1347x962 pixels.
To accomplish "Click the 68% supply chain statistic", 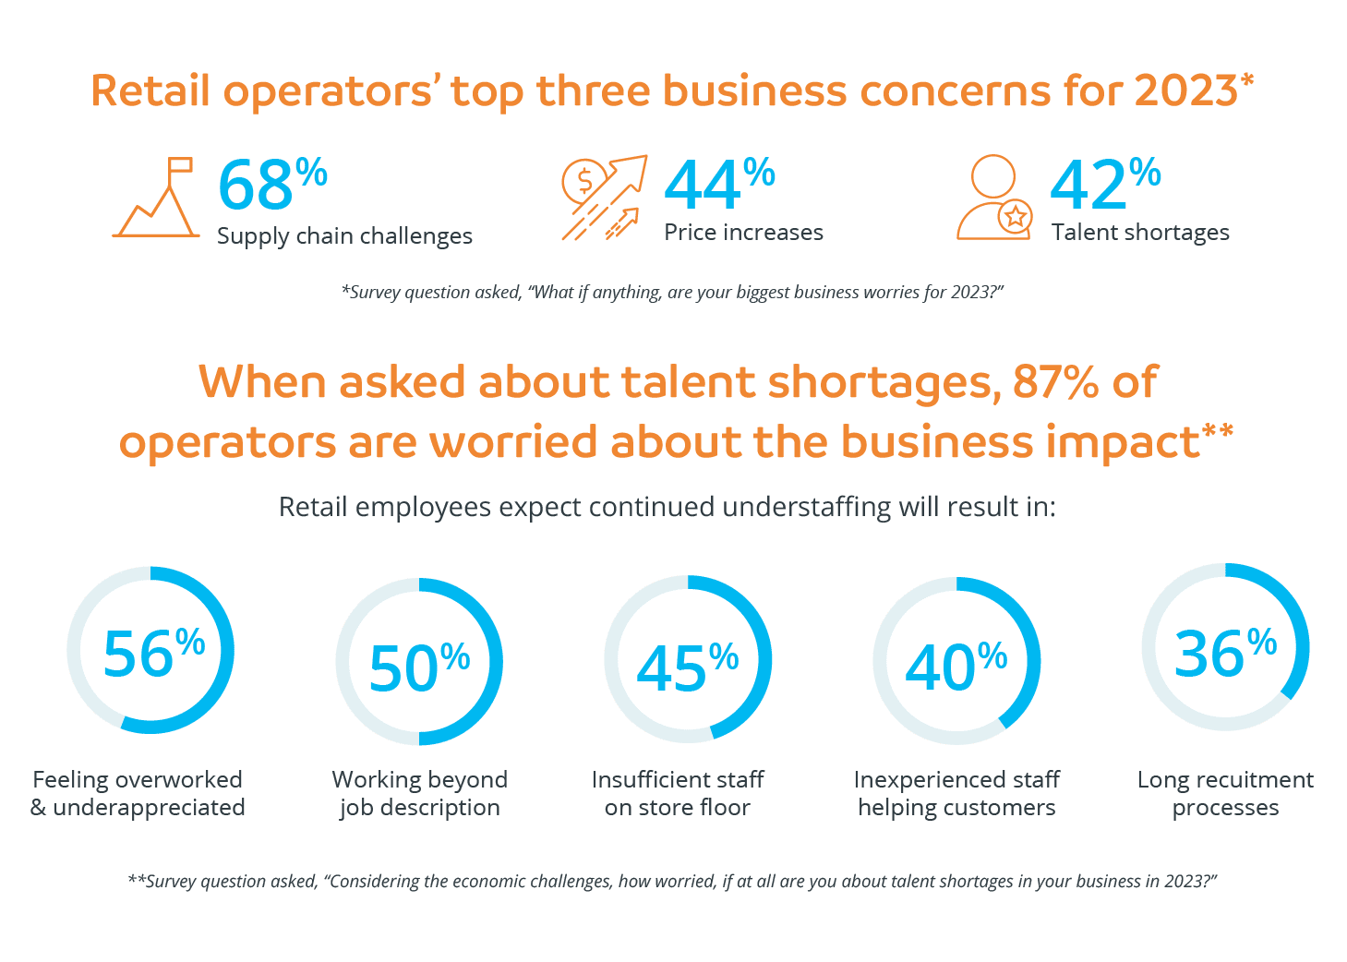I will pyautogui.click(x=271, y=185).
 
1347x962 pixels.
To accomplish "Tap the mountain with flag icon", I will pyautogui.click(x=156, y=198).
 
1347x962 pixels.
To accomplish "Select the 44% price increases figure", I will pyautogui.click(x=717, y=185).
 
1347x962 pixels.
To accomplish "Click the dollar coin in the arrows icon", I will pyautogui.click(x=584, y=181).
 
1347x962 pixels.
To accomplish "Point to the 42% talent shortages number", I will pyautogui.click(x=1103, y=185).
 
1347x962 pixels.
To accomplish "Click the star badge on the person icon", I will pyautogui.click(x=1016, y=218).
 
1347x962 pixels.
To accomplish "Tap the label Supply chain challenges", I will pyautogui.click(x=344, y=236).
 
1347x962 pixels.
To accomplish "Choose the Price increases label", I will pyautogui.click(x=743, y=233).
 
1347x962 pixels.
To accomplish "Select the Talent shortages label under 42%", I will pyautogui.click(x=1140, y=233).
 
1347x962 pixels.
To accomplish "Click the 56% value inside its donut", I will pyautogui.click(x=152, y=653).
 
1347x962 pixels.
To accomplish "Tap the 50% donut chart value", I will pyautogui.click(x=418, y=667).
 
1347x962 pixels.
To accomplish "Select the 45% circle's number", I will pyautogui.click(x=686, y=667).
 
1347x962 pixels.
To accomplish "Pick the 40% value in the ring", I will pyautogui.click(x=955, y=667).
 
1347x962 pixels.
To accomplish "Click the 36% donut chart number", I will pyautogui.click(x=1224, y=653).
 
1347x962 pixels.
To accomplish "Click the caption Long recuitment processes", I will pyautogui.click(x=1225, y=794).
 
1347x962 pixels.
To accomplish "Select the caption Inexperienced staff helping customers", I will pyautogui.click(x=956, y=794).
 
